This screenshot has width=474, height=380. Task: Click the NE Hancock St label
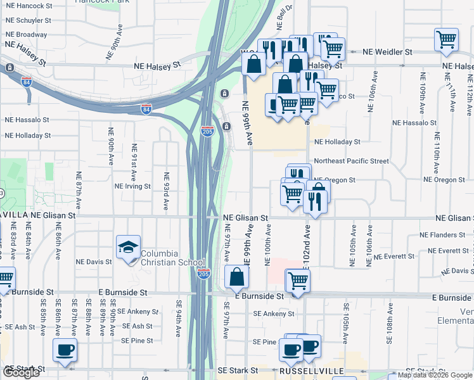[28, 5]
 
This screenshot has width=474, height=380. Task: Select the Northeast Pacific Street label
[351, 161]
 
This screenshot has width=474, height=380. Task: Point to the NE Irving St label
[132, 186]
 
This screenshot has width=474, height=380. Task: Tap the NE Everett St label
[394, 256]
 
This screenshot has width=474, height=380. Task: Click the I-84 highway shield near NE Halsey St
[146, 108]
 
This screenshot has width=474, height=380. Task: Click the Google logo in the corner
[21, 372]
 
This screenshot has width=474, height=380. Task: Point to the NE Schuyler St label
[28, 20]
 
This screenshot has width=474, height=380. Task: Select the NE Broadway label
[26, 34]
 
